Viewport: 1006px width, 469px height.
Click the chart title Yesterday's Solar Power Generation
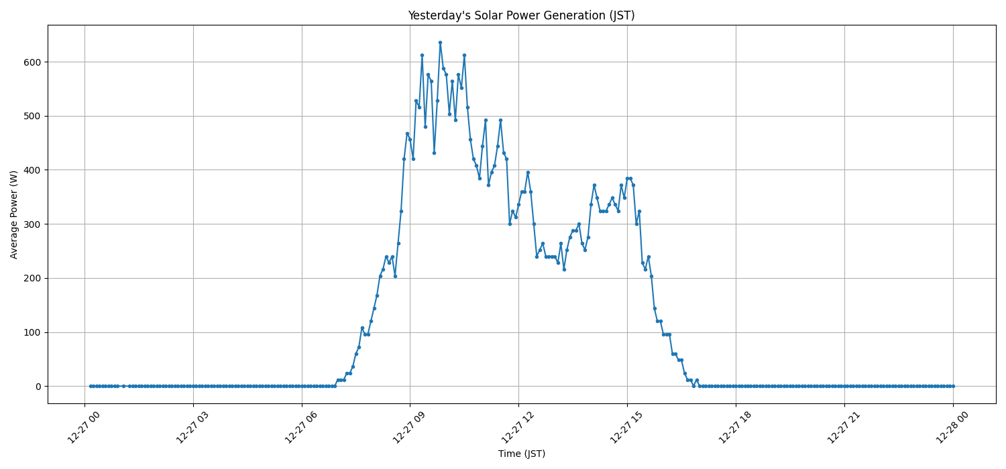pos(521,15)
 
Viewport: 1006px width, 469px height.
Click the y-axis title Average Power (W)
pos(14,214)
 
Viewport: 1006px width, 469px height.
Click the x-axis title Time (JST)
pos(521,454)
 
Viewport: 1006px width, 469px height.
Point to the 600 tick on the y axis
pos(32,62)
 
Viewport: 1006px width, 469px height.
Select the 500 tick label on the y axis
pos(32,116)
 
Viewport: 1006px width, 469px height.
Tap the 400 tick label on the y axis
pos(32,170)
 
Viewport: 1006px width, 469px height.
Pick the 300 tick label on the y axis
pos(32,224)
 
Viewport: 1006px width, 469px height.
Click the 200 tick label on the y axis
pos(32,278)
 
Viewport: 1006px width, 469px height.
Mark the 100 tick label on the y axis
pos(32,332)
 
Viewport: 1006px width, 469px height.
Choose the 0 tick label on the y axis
pos(38,387)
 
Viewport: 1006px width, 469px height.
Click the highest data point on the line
pos(440,42)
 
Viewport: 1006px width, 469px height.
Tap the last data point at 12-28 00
pos(953,386)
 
